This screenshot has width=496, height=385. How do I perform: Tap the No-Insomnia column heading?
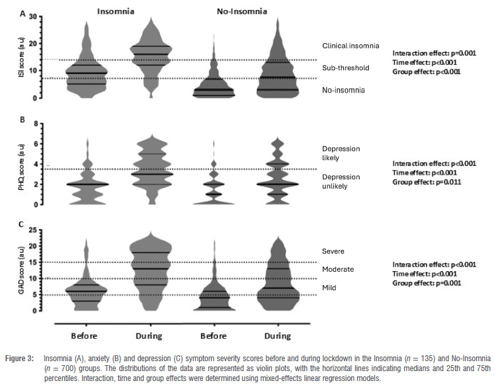point(250,11)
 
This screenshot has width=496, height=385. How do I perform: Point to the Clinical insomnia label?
point(351,46)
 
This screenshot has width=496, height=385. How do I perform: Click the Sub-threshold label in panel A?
point(345,68)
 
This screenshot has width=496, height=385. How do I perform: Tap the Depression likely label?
point(341,153)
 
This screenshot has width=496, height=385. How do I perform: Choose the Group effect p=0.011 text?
point(427,182)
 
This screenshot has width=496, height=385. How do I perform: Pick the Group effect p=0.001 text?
point(427,283)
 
